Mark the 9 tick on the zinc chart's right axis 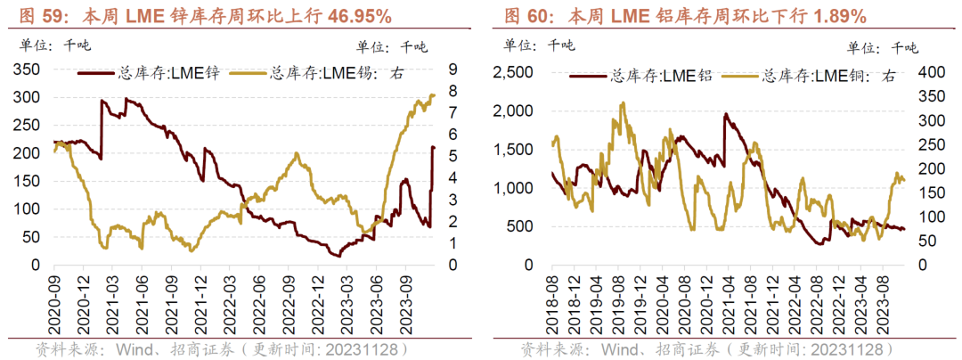pyautogui.click(x=453, y=70)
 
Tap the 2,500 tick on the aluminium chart pyautogui.click(x=516, y=73)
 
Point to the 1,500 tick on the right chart pyautogui.click(x=516, y=150)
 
